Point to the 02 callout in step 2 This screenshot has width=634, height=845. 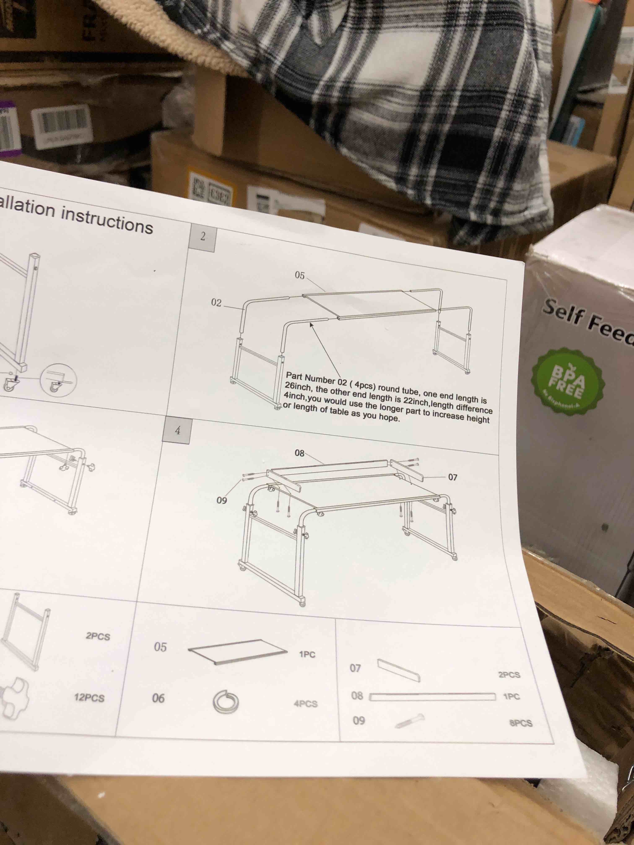216,303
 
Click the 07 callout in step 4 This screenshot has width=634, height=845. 452,477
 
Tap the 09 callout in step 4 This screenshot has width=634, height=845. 222,500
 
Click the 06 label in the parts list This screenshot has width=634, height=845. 158,698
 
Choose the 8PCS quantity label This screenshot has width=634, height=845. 521,723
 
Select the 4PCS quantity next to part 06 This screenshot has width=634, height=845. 305,703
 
